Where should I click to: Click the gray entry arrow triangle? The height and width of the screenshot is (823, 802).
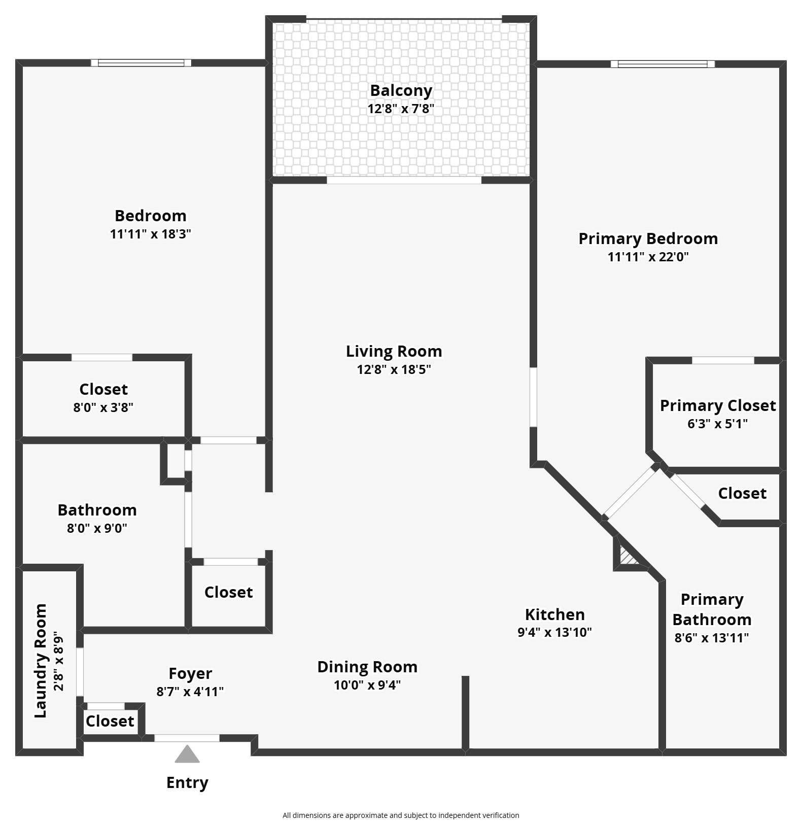click(187, 755)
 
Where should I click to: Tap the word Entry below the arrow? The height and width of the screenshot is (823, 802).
click(187, 782)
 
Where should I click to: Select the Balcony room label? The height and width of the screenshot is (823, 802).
click(401, 90)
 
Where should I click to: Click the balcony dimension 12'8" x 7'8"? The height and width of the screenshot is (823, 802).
click(401, 109)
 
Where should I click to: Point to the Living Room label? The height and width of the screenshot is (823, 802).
click(394, 351)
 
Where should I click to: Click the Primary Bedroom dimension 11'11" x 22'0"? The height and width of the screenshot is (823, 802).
click(648, 257)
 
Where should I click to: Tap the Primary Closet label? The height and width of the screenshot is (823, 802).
click(717, 405)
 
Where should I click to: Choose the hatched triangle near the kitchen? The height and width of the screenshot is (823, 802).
click(627, 557)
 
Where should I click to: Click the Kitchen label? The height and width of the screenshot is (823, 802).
click(554, 614)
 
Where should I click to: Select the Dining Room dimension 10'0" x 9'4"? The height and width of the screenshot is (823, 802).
click(367, 685)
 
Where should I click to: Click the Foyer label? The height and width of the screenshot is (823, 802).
click(190, 673)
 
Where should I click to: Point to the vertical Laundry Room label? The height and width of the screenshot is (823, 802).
click(41, 661)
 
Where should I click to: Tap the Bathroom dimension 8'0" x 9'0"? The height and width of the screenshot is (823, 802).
click(97, 528)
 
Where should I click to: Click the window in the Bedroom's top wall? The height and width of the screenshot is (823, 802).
click(141, 63)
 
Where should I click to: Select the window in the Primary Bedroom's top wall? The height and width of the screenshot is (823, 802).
click(662, 64)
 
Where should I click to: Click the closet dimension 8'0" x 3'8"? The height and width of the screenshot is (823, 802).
click(103, 407)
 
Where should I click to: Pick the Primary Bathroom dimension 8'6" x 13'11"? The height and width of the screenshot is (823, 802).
click(711, 638)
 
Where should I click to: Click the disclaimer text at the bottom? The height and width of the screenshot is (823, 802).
click(401, 815)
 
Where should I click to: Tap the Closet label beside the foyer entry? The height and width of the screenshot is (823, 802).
click(110, 721)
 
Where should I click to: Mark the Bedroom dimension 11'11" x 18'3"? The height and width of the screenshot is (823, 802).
click(150, 234)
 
